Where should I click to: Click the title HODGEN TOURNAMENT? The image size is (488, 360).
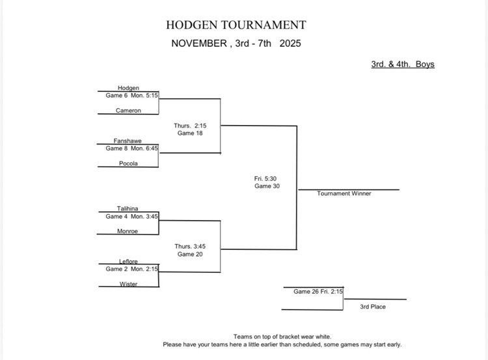coord(236,25)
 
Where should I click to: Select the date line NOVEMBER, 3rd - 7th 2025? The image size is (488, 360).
coord(236,44)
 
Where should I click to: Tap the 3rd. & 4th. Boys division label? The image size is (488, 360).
coord(403,64)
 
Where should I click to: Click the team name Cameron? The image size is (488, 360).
coord(128,111)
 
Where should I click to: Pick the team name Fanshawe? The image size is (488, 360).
coord(128,141)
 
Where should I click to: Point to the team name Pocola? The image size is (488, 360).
coord(128,163)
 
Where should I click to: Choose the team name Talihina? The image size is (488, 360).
coord(128,209)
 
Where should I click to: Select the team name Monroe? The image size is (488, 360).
coord(128,231)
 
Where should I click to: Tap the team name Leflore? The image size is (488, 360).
coord(128,262)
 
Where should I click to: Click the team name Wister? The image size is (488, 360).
coord(128,284)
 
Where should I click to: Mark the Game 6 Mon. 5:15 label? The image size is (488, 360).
coord(132,95)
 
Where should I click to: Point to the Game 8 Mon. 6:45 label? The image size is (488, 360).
coord(132,148)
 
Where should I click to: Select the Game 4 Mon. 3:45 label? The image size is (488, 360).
coord(132,216)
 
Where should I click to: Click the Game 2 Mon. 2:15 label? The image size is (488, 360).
coord(132,269)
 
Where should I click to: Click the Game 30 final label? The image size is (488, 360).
coord(266,186)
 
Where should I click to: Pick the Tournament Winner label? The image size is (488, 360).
coord(344,193)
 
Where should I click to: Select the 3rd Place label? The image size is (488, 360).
coord(373,307)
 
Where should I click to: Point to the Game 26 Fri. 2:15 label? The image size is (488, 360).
coord(318,292)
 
